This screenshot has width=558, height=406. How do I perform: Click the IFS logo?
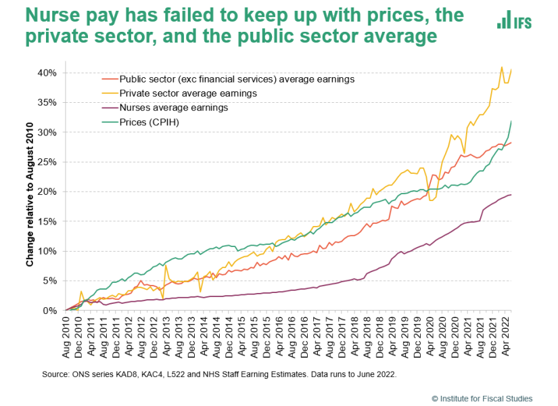[x=514, y=20]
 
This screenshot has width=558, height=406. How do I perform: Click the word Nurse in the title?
[x=57, y=16]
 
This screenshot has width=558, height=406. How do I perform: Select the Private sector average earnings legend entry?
[x=180, y=93]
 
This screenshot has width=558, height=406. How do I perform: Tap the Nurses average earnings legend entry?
[x=165, y=108]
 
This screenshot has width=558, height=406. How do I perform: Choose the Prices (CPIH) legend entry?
[x=141, y=122]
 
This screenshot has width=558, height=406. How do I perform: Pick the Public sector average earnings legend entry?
[x=229, y=79]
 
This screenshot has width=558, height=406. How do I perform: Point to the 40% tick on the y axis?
[x=47, y=73]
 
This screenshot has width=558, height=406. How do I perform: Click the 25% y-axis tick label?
[x=47, y=162]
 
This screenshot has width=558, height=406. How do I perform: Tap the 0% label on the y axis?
[x=50, y=311]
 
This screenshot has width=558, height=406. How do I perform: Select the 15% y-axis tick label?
[x=47, y=221]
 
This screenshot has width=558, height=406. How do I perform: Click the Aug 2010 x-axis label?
[x=66, y=336]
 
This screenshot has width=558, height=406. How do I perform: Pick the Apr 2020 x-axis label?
[x=430, y=335]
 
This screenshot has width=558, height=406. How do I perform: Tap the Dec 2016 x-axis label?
[x=304, y=336]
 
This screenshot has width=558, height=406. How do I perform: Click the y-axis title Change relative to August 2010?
[x=30, y=194]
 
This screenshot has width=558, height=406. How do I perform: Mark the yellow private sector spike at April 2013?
[x=166, y=265]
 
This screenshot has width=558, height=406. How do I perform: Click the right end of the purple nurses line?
[x=511, y=194]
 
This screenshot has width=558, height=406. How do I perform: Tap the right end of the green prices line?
[x=511, y=121]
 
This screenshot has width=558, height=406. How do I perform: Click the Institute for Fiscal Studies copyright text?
[x=482, y=399]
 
